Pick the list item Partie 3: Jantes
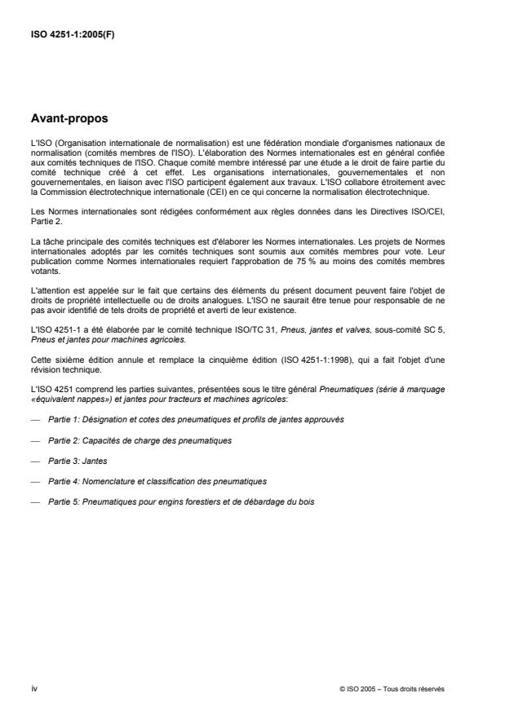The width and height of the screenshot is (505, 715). click(x=74, y=461)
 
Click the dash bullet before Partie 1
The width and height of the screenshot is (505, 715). click(x=34, y=419)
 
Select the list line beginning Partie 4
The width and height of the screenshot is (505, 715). click(x=157, y=482)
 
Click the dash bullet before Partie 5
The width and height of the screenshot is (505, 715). click(x=34, y=502)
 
